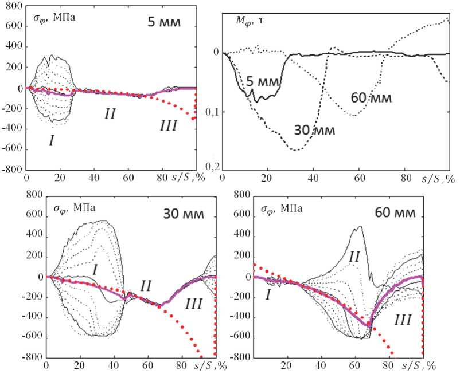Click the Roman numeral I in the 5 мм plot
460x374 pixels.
click(51, 140)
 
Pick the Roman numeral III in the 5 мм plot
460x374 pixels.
click(167, 126)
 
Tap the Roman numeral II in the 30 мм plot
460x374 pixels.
click(146, 285)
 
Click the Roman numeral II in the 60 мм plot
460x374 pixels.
click(354, 258)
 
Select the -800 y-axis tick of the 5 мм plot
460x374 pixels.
click(12, 170)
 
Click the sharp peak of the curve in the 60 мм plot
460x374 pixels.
click(360, 226)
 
